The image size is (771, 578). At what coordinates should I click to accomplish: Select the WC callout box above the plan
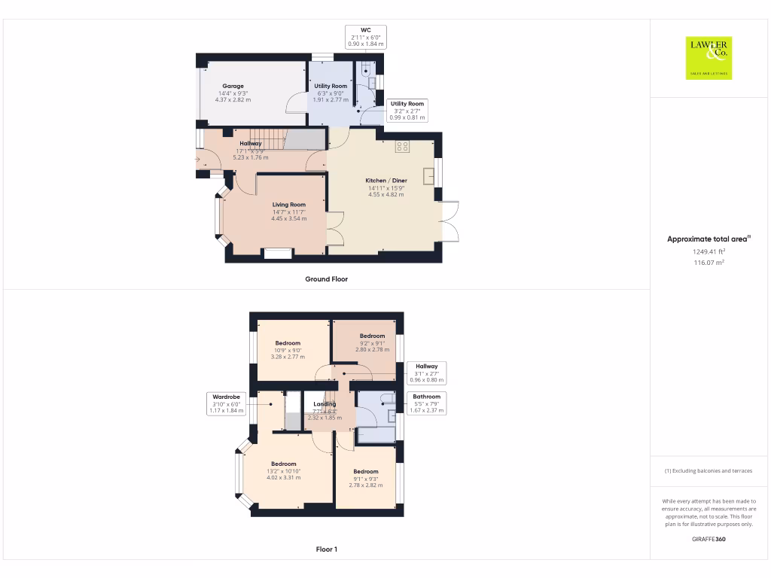pyautogui.click(x=365, y=37)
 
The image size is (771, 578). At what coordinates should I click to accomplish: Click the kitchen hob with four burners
pyautogui.click(x=402, y=147)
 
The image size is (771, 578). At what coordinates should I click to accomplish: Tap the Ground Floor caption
pyautogui.click(x=326, y=279)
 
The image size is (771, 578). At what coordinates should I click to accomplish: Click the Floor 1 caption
pyautogui.click(x=326, y=549)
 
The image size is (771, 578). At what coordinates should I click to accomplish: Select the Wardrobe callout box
pyautogui.click(x=226, y=403)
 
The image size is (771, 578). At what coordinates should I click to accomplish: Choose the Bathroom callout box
pyautogui.click(x=426, y=403)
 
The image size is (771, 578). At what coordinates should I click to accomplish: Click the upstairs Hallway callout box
pyautogui.click(x=426, y=373)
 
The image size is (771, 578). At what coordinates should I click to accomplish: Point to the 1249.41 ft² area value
pyautogui.click(x=709, y=251)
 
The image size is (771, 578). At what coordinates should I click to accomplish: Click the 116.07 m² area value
pyautogui.click(x=709, y=263)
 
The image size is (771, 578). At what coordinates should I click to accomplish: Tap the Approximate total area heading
pyautogui.click(x=709, y=239)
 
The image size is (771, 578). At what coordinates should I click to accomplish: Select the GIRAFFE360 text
pyautogui.click(x=709, y=539)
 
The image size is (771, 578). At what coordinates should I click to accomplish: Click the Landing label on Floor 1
pyautogui.click(x=325, y=404)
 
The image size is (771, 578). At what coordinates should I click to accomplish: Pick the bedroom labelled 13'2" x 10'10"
pyautogui.click(x=283, y=470)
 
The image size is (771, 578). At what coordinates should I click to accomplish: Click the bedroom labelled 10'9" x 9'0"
pyautogui.click(x=287, y=350)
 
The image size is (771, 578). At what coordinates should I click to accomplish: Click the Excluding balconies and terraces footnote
pyautogui.click(x=708, y=471)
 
